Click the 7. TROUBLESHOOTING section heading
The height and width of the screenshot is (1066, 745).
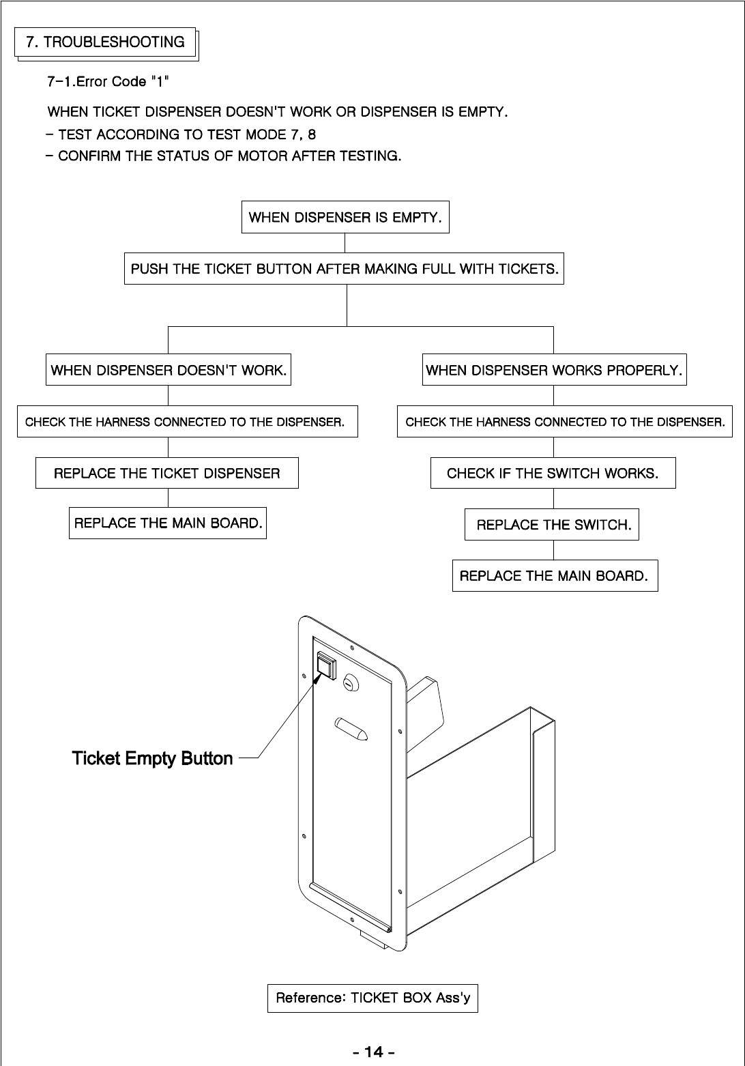click(x=106, y=43)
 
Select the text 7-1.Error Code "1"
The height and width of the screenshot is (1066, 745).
click(x=108, y=82)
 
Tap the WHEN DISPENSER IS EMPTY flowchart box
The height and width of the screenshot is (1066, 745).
click(x=345, y=218)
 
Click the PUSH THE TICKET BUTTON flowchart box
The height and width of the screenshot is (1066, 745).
click(x=345, y=269)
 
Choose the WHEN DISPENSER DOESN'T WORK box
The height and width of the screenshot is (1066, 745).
click(x=169, y=371)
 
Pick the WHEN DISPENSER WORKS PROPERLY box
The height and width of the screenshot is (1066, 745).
click(x=554, y=371)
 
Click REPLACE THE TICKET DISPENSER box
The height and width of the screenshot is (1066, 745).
click(x=167, y=473)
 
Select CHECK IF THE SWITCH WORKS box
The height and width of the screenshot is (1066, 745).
click(x=553, y=473)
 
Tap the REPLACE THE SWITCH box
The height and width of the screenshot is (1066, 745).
click(x=552, y=524)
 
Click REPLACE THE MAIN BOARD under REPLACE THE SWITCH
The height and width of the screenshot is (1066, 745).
click(x=555, y=575)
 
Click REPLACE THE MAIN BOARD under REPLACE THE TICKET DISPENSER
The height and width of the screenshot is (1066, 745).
click(x=168, y=523)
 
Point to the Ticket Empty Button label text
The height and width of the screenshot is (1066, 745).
click(x=152, y=758)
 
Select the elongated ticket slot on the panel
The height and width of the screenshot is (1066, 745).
click(x=351, y=729)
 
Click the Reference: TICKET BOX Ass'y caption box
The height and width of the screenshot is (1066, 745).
click(x=372, y=998)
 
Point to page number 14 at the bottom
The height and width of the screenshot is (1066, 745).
click(x=373, y=1052)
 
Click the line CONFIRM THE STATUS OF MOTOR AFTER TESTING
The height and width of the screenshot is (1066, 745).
click(x=224, y=156)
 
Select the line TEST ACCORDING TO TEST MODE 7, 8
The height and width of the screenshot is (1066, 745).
click(x=181, y=134)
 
